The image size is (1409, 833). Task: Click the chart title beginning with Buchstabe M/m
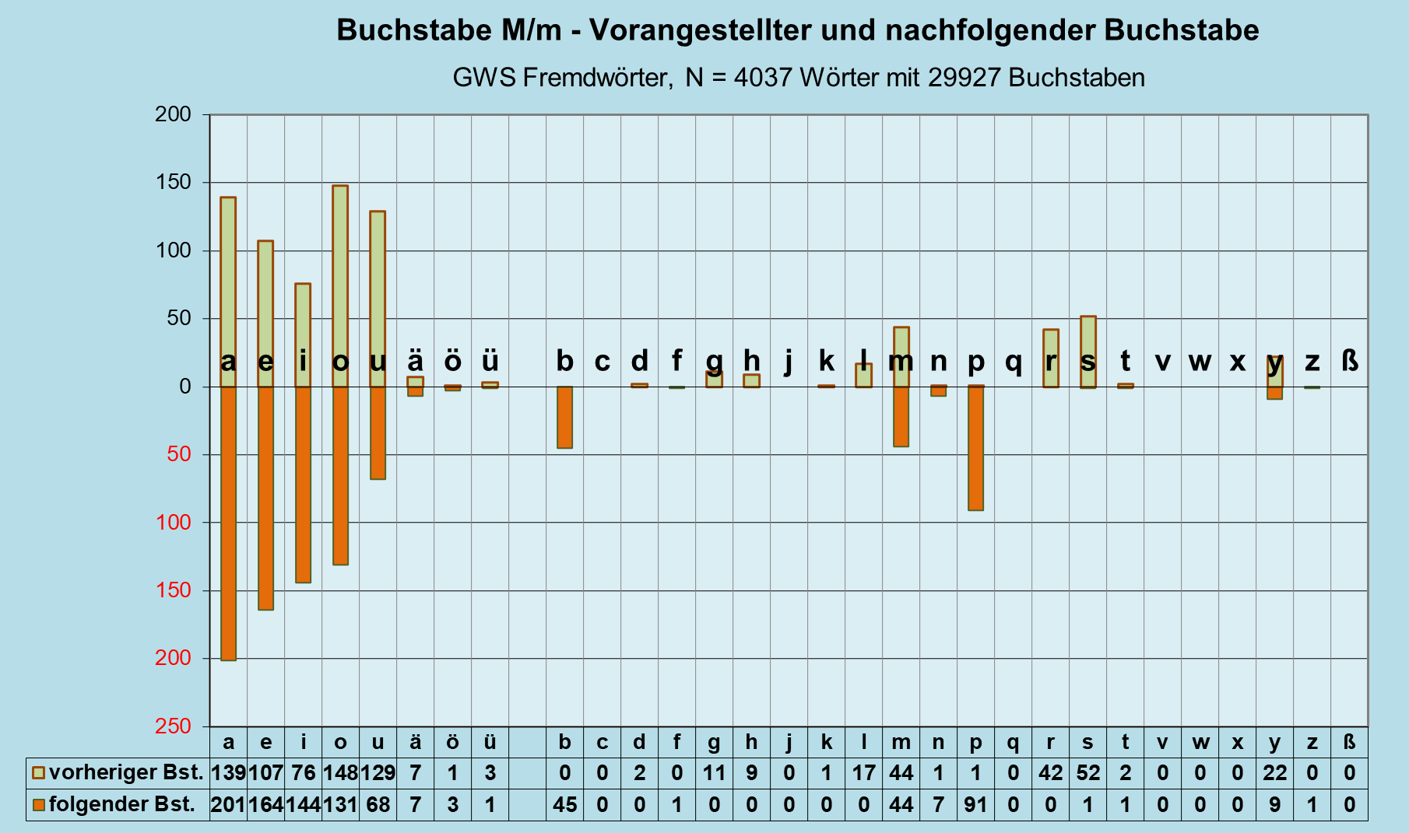click(x=797, y=30)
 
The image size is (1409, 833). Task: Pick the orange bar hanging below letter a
click(x=228, y=523)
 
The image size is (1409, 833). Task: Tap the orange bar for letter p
click(x=975, y=448)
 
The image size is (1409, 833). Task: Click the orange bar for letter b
click(x=564, y=418)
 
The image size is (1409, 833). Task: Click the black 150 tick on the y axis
click(x=173, y=183)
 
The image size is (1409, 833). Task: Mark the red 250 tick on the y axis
click(x=173, y=726)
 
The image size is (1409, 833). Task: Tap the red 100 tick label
click(x=173, y=523)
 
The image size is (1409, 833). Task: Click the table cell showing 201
click(x=228, y=804)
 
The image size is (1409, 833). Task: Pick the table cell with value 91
click(x=975, y=804)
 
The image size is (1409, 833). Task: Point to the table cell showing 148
click(x=340, y=773)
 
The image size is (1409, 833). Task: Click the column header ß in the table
click(x=1349, y=742)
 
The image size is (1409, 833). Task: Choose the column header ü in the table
click(x=490, y=742)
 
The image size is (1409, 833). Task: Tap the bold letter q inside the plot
click(x=1013, y=362)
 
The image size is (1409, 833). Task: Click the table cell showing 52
click(x=1087, y=773)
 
